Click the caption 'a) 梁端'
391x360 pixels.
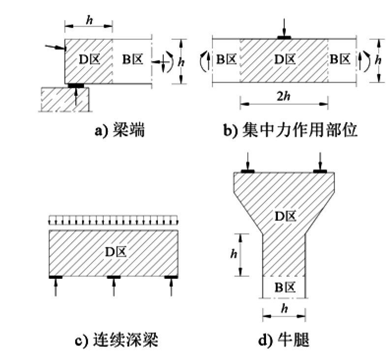point(120,130)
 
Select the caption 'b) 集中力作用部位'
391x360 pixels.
point(290,130)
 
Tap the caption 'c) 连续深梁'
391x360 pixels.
point(117,340)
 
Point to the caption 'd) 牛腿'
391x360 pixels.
point(283,340)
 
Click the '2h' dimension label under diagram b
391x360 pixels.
point(284,96)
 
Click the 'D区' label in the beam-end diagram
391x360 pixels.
point(90,60)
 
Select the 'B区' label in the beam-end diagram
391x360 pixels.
point(133,60)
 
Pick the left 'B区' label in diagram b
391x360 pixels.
point(226,60)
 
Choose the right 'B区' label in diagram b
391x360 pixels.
point(340,60)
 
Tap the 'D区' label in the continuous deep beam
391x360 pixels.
point(116,252)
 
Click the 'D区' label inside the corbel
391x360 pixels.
point(286,216)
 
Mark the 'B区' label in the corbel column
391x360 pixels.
point(285,287)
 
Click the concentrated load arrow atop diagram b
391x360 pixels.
point(284,28)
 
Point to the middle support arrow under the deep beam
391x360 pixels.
point(114,287)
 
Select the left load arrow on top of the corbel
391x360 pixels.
point(247,161)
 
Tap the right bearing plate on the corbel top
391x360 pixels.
point(320,171)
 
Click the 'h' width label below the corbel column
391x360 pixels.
point(284,309)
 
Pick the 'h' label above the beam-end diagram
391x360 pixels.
point(90,20)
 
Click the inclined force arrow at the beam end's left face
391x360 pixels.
point(55,47)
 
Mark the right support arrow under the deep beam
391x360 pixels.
point(171,287)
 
